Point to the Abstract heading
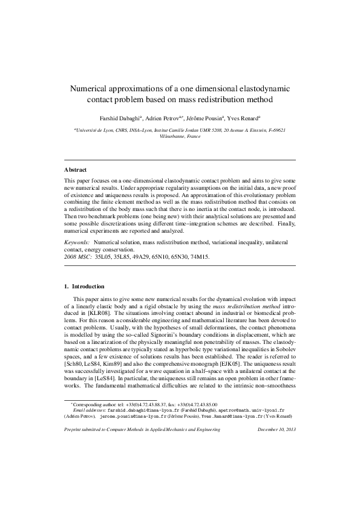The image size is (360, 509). point(76,170)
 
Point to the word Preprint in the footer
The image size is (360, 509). point(74,463)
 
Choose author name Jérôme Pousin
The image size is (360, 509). point(206,118)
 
